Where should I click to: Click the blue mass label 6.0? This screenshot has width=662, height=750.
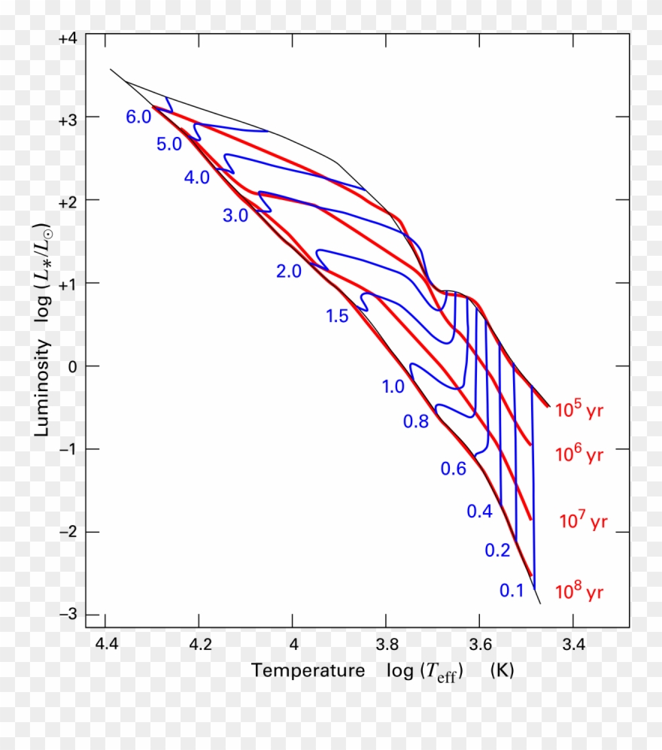click(x=138, y=117)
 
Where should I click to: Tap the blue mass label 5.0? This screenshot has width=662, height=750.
click(x=169, y=144)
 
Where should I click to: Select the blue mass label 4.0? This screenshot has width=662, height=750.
click(x=196, y=178)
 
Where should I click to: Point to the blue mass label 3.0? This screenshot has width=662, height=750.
click(x=235, y=216)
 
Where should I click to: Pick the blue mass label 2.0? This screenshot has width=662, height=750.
click(x=289, y=272)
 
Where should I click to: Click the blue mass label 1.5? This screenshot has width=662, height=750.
click(x=337, y=317)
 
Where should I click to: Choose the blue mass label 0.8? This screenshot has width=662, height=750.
click(x=416, y=422)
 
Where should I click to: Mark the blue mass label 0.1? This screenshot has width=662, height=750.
click(x=512, y=591)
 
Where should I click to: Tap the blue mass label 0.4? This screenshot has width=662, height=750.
click(x=479, y=512)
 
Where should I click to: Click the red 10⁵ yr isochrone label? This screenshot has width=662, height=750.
click(x=579, y=411)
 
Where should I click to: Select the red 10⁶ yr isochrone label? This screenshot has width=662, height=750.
click(x=579, y=454)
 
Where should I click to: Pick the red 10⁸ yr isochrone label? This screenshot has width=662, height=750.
click(x=579, y=591)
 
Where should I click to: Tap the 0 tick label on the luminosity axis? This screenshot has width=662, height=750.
click(x=71, y=366)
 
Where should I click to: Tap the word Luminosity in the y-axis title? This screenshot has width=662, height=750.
click(x=44, y=388)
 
